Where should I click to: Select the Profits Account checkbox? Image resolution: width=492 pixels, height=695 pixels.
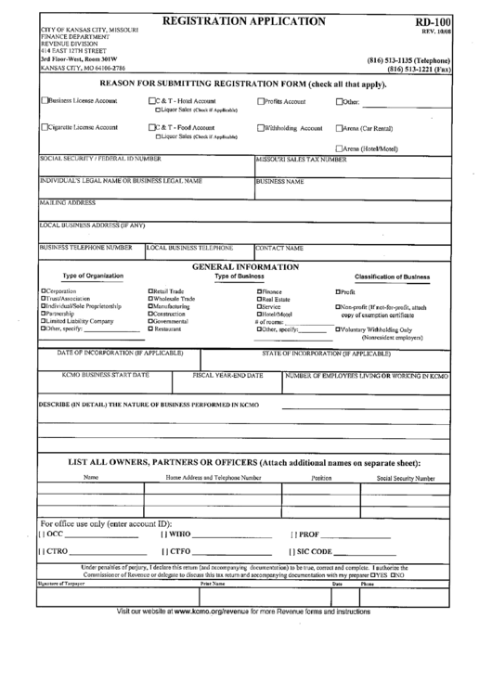click(260, 100)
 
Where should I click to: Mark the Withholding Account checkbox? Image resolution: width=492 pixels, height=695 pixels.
click(260, 128)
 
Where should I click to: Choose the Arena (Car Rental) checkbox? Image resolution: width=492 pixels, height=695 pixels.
click(339, 128)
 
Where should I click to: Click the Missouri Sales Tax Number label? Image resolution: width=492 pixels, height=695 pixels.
click(301, 159)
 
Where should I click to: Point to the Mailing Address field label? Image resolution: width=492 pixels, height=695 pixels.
click(67, 201)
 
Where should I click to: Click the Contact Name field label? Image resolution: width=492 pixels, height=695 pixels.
click(279, 248)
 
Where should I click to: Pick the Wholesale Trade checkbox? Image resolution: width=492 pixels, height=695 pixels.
click(151, 299)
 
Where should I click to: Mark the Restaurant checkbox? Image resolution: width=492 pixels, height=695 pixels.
click(151, 328)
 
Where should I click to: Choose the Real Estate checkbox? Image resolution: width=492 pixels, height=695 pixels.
click(259, 299)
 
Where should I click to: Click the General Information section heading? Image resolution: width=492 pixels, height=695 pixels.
click(245, 266)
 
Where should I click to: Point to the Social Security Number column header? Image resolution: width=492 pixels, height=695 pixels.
click(405, 478)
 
